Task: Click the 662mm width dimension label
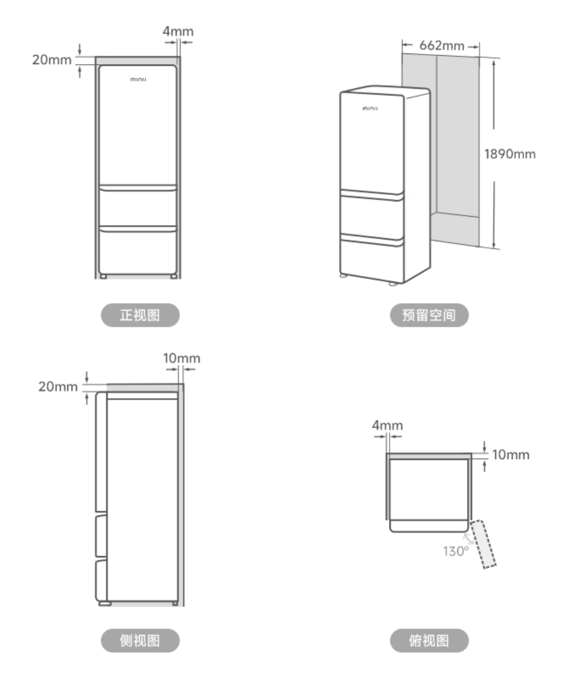[x=442, y=46]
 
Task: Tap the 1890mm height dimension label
[x=510, y=154]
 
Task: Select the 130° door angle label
[x=456, y=551]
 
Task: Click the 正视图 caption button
[x=140, y=315]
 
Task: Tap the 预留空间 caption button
[x=429, y=315]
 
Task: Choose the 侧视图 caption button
[x=140, y=640]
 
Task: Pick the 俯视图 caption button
[x=429, y=640]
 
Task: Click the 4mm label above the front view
[x=178, y=31]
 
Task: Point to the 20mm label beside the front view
[x=52, y=60]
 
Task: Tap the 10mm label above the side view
[x=182, y=358]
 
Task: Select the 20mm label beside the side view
[x=58, y=386]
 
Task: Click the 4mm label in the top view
[x=388, y=425]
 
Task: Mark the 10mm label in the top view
[x=511, y=455]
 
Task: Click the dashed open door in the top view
[x=483, y=544]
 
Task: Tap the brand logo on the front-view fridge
[x=138, y=79]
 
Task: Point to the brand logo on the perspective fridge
[x=370, y=108]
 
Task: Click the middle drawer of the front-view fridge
[x=138, y=207]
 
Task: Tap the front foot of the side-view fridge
[x=105, y=603]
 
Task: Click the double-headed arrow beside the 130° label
[x=468, y=539]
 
